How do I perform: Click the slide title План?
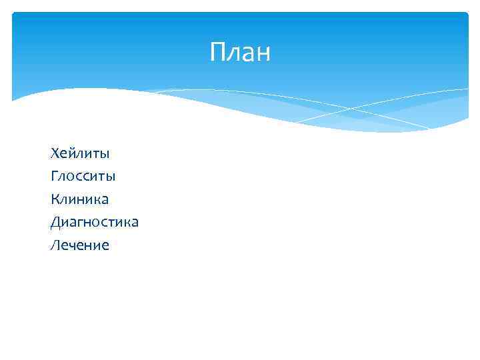coord(240,53)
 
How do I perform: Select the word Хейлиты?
coord(79,153)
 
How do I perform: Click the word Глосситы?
coord(83,177)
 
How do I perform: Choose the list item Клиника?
coord(79,199)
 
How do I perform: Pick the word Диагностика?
coord(94,222)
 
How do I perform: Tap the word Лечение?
coord(79,245)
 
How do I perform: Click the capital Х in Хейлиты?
coord(55,153)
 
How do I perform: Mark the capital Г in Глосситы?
coord(54,177)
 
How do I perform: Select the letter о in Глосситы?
coord(69,178)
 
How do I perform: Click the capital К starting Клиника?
coord(55,199)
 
